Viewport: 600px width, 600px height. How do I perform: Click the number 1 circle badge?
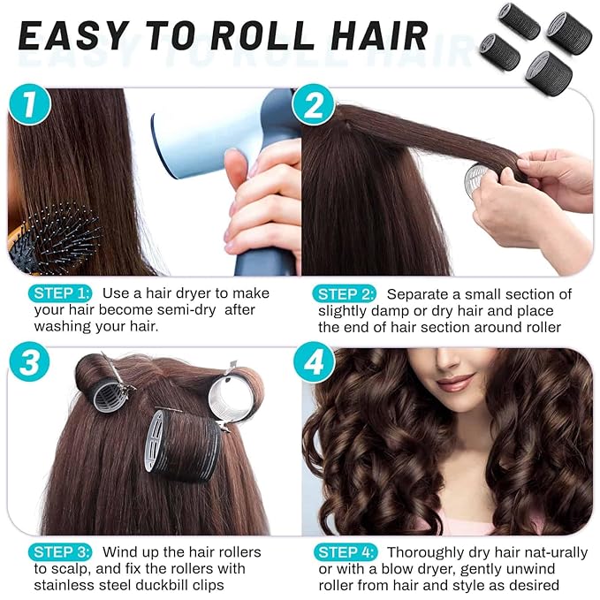click(x=31, y=105)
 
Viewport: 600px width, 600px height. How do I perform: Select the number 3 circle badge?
click(x=31, y=363)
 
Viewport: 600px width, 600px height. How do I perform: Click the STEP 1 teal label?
click(x=60, y=293)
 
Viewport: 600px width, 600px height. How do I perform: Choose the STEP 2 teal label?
click(x=346, y=293)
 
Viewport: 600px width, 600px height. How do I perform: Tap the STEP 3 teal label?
click(x=60, y=552)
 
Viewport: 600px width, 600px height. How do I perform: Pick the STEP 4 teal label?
click(x=346, y=552)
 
